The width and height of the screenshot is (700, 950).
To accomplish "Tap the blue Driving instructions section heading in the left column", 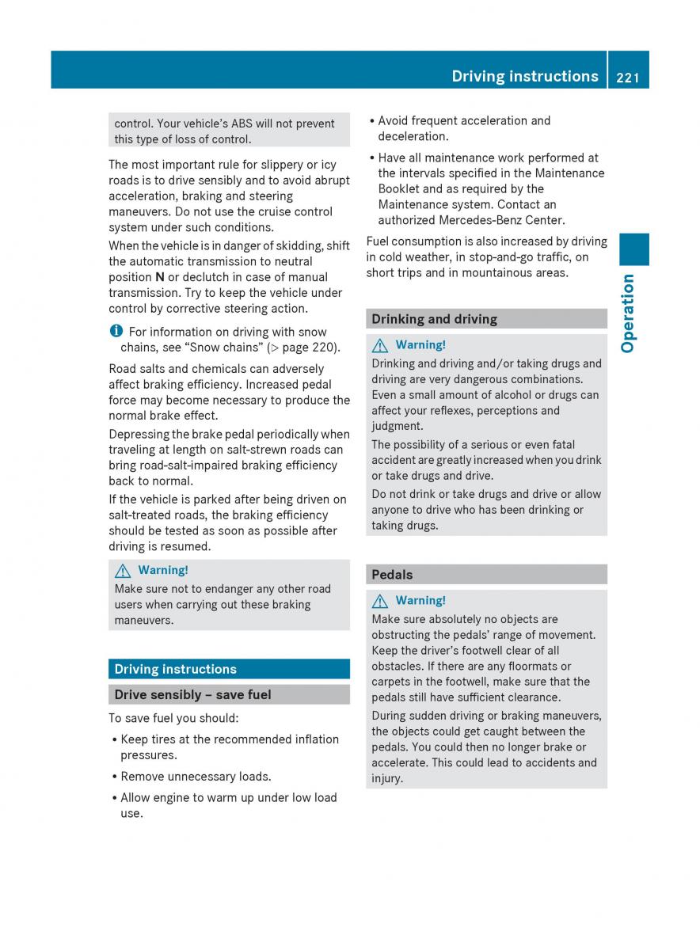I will pyautogui.click(x=175, y=669).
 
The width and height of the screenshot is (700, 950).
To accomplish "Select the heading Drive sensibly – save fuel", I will pyautogui.click(x=192, y=694).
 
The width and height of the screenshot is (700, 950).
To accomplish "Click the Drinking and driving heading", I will pyautogui.click(x=434, y=319).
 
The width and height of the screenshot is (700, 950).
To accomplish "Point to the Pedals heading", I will pyautogui.click(x=392, y=575).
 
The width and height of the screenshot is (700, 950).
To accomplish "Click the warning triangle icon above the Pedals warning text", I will pyautogui.click(x=381, y=601).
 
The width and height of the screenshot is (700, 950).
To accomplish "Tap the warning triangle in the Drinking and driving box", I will pyautogui.click(x=381, y=345).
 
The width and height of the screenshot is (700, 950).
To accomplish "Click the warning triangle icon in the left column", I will pyautogui.click(x=124, y=570).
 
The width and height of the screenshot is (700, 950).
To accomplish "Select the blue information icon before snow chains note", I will pyautogui.click(x=116, y=332).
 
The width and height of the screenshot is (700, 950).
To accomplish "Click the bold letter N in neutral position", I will pyautogui.click(x=160, y=277).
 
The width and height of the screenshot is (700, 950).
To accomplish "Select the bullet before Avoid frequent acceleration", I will pyautogui.click(x=372, y=121).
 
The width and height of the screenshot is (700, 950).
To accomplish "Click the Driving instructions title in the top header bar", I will pyautogui.click(x=525, y=77).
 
